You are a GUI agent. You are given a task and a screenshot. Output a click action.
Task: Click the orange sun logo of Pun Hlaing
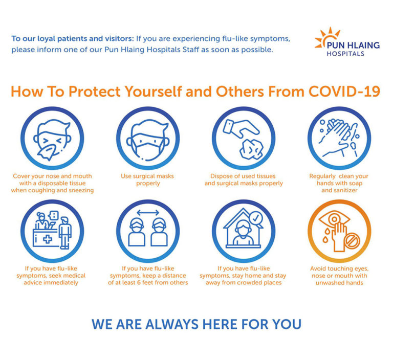pyautogui.click(x=327, y=37)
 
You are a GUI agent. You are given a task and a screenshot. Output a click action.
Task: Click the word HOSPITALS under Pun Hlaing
pyautogui.click(x=345, y=54)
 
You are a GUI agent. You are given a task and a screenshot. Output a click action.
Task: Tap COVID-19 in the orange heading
pyautogui.click(x=344, y=91)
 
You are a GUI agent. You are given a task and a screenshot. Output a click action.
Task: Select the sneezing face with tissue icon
pyautogui.click(x=52, y=139)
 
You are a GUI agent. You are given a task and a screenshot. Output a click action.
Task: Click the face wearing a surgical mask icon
pyautogui.click(x=148, y=140)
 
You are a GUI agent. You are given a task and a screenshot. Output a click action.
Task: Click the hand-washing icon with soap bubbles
pyautogui.click(x=339, y=138)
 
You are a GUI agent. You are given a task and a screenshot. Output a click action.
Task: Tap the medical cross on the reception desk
pyautogui.click(x=48, y=239)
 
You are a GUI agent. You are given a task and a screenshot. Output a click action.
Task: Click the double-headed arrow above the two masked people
pyautogui.click(x=148, y=213)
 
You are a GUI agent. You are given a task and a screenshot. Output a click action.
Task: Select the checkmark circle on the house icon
pyautogui.click(x=256, y=218)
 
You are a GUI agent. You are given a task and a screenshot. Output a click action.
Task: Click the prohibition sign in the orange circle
pyautogui.click(x=352, y=241)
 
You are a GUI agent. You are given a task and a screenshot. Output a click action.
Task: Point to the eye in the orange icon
pyautogui.click(x=334, y=219)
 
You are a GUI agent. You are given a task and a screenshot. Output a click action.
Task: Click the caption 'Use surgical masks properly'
pyautogui.click(x=147, y=179)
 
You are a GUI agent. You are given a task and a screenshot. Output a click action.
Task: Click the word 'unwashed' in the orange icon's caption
pyautogui.click(x=329, y=283)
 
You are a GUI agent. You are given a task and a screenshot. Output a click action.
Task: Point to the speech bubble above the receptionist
pyautogui.click(x=53, y=215)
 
